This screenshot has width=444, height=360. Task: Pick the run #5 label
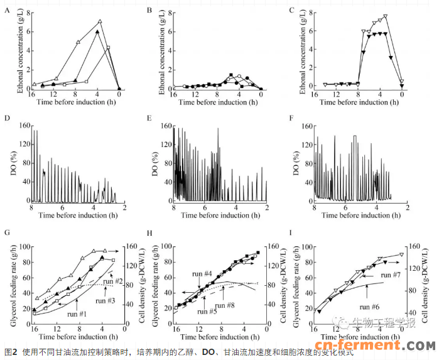[x=210, y=311]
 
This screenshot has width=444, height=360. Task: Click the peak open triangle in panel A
[x=99, y=22]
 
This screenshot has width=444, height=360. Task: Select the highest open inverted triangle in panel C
[x=385, y=16]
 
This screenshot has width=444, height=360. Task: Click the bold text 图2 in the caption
[x=11, y=352]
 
